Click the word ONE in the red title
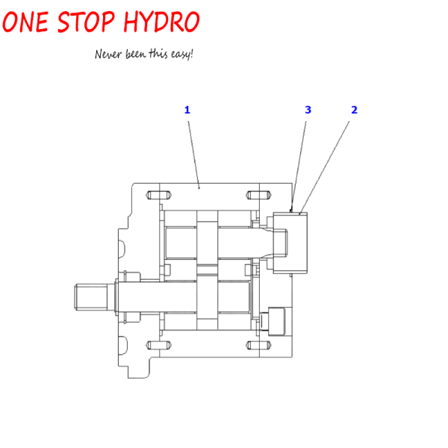(x=25, y=22)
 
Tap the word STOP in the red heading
(x=86, y=22)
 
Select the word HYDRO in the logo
(x=161, y=22)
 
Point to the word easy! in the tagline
(x=182, y=54)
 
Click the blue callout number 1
(x=187, y=110)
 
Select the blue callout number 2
(x=354, y=110)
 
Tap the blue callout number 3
(x=308, y=110)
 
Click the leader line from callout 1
(x=193, y=155)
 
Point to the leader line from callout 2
(x=324, y=167)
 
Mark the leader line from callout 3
(x=298, y=167)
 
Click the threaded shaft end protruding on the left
(x=91, y=297)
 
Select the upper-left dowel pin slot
(x=158, y=195)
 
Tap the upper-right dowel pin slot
(x=258, y=195)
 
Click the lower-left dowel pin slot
(x=158, y=346)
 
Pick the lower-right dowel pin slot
(x=258, y=346)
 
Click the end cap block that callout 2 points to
(x=290, y=243)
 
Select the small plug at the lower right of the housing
(x=276, y=321)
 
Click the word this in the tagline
(x=158, y=54)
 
